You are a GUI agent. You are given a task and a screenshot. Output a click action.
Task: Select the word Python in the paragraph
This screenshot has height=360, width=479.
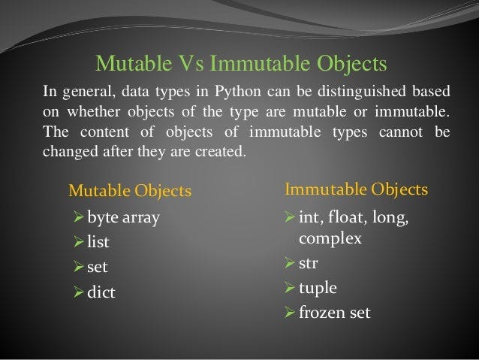click(237, 92)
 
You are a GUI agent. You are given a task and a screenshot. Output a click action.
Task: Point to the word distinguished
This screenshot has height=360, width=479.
click(362, 92)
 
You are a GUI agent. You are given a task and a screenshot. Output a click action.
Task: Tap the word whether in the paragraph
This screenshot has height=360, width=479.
click(94, 111)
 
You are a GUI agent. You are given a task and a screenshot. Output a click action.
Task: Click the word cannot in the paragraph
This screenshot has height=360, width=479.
click(401, 132)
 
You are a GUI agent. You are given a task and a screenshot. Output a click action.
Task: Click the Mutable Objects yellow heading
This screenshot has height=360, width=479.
click(130, 191)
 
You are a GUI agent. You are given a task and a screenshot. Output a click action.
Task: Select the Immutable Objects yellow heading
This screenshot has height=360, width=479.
click(356, 189)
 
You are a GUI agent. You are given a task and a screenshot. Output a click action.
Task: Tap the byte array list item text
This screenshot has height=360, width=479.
click(123, 218)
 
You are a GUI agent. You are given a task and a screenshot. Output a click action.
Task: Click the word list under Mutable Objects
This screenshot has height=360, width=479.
click(98, 242)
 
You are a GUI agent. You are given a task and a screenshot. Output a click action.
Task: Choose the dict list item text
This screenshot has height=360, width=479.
click(101, 292)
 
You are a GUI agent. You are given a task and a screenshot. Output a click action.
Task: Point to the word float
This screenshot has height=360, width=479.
click(348, 217)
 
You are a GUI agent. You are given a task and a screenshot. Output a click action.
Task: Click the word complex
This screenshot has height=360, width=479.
click(330, 239)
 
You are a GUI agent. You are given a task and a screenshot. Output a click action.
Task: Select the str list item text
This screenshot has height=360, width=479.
click(309, 263)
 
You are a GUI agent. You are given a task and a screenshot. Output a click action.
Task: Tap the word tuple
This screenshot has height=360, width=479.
click(318, 289)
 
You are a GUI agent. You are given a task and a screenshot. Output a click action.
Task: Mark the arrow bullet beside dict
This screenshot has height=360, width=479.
click(79, 292)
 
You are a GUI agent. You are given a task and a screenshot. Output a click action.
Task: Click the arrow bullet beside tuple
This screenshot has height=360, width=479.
click(290, 288)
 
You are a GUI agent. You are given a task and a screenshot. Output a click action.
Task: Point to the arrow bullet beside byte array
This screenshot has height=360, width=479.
click(79, 217)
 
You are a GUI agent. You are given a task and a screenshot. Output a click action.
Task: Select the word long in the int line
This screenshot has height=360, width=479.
click(390, 218)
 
